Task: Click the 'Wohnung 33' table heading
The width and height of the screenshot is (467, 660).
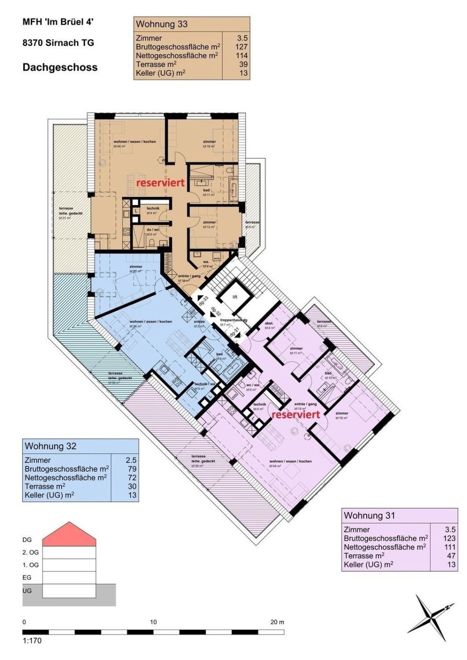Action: click(161, 24)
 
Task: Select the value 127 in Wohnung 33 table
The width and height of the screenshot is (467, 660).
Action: click(242, 47)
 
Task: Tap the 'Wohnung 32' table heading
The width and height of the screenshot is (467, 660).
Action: click(50, 446)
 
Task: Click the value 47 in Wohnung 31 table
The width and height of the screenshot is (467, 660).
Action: click(450, 556)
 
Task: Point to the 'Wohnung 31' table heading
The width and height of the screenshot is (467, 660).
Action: click(369, 516)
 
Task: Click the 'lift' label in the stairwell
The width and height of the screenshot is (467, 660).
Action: click(235, 297)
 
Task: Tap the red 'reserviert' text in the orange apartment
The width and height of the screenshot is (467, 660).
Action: click(160, 183)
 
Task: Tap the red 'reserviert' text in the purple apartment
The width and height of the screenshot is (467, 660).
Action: click(296, 414)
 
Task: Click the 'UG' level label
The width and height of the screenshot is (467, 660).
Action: click(27, 591)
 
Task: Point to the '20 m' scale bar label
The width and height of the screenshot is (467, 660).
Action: click(277, 622)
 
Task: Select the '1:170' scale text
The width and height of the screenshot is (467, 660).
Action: click(32, 640)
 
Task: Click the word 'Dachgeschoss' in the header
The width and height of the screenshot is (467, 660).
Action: click(60, 67)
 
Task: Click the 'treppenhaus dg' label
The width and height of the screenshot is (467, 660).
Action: click(233, 320)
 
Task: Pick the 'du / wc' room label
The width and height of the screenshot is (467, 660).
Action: click(153, 230)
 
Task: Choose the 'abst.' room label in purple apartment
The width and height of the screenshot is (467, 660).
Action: click(269, 323)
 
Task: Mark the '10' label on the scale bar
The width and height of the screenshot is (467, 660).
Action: click(153, 622)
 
